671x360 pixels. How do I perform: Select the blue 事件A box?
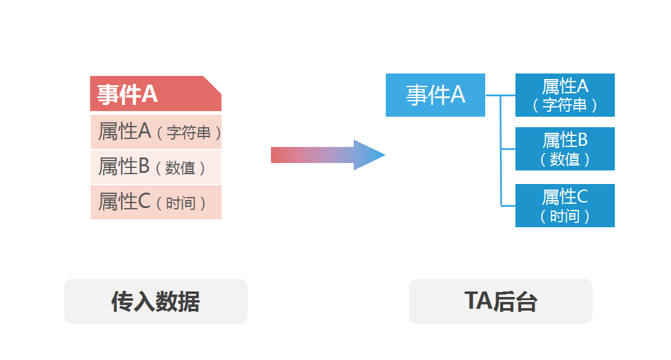435,95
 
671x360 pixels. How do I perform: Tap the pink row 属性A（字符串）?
156,132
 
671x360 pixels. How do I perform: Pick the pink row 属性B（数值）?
156,167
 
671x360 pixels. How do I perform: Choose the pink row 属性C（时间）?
156,202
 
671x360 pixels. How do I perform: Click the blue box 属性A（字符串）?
565,95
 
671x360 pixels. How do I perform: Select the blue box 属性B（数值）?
565,149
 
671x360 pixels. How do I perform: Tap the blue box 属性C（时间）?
565,206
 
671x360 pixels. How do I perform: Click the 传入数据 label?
156,301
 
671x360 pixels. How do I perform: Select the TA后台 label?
501,301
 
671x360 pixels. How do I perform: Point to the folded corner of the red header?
213,84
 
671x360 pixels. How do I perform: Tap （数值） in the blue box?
565,159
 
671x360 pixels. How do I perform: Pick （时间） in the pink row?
181,203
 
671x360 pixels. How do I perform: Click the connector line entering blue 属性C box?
508,205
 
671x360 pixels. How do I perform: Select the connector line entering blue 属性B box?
508,149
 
